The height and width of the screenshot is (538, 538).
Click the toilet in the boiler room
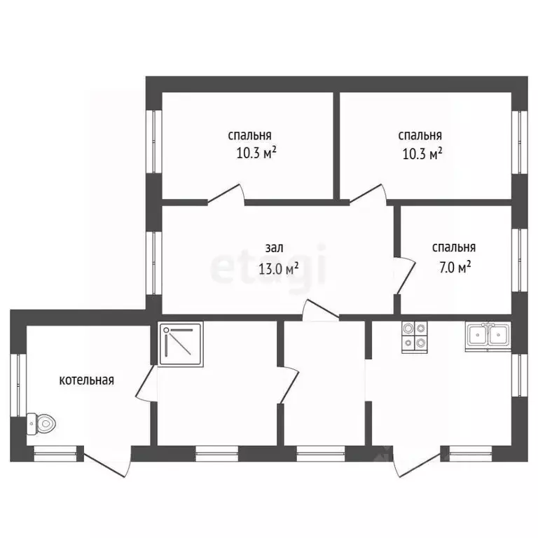tap(41, 424)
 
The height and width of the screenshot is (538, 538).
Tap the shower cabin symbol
tap(181, 344)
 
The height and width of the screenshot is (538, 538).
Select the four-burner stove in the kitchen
tap(415, 337)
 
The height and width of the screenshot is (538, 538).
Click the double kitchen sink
tap(488, 336)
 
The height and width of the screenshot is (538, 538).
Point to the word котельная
tap(86, 380)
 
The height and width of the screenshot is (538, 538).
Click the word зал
tap(274, 248)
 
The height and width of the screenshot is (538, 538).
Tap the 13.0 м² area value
tap(278, 268)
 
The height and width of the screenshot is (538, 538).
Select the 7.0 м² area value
tap(455, 267)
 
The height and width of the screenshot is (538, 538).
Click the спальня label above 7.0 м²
tap(454, 247)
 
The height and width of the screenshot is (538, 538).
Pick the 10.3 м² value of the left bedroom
tap(256, 153)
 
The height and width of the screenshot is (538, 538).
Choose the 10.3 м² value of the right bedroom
tap(422, 153)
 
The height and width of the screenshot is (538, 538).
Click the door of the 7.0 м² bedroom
tap(405, 275)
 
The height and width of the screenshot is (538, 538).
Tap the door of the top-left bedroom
tap(226, 194)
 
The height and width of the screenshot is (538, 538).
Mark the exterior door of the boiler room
tap(107, 462)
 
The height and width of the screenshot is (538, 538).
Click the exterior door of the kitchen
tap(418, 462)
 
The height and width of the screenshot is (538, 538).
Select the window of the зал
tap(153, 263)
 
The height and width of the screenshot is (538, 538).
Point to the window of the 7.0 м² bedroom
tap(520, 261)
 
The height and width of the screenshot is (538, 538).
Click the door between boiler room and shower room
tap(146, 383)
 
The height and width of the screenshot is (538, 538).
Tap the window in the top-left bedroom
tap(153, 142)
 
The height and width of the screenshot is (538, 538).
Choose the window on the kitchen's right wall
tap(520, 375)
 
